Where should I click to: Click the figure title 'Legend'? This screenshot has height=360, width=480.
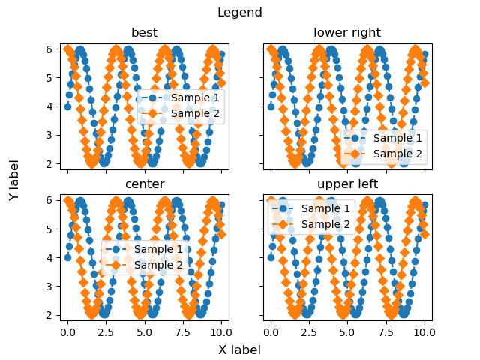[240, 13]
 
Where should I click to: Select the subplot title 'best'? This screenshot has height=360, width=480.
[145, 32]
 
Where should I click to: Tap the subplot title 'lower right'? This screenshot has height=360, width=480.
[347, 33]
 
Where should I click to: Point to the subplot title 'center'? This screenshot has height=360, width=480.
[145, 184]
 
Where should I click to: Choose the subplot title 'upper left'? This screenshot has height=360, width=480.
[347, 184]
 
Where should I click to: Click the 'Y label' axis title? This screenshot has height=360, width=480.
[14, 180]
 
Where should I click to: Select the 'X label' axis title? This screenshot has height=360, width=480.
[240, 349]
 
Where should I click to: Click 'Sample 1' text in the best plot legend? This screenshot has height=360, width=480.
[195, 97]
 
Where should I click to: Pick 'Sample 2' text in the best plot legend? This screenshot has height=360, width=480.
[195, 113]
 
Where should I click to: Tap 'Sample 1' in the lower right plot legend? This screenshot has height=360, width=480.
[397, 138]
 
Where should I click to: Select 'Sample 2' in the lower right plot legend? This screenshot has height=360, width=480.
[397, 154]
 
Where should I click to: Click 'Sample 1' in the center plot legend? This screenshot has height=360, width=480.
[158, 249]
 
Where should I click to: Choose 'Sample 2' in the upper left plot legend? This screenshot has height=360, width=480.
[325, 224]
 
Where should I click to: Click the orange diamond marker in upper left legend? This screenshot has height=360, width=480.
[283, 224]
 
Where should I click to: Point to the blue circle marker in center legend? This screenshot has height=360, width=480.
[115, 249]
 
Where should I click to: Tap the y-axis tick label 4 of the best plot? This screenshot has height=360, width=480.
[49, 106]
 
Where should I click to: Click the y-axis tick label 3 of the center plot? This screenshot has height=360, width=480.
[49, 286]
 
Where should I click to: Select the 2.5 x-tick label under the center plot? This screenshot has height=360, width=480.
[106, 332]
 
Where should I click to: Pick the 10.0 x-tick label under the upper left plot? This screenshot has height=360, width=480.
[424, 332]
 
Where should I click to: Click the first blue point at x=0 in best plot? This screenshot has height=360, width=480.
[68, 106]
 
